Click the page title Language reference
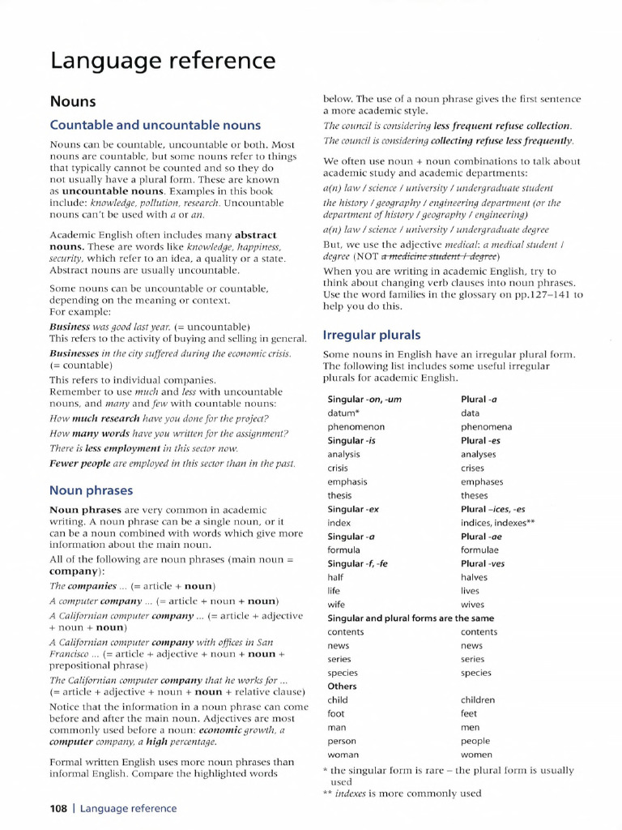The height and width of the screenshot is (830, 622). [162, 61]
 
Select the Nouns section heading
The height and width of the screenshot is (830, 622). [73, 101]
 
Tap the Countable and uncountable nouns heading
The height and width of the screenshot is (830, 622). [155, 125]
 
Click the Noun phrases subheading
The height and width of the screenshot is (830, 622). [91, 490]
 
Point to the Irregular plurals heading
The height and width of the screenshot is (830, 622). [372, 334]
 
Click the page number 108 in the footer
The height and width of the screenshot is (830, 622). [58, 808]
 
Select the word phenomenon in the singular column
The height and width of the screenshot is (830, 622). [356, 426]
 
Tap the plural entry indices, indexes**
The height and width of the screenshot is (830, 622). [498, 523]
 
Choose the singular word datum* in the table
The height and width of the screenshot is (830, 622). [343, 413]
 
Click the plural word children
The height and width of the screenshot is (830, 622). [479, 700]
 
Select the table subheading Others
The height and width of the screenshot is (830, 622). [342, 686]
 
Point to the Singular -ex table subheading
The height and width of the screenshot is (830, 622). [353, 509]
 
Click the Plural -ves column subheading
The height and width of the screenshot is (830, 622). [483, 563]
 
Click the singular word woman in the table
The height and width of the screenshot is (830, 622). [344, 755]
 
